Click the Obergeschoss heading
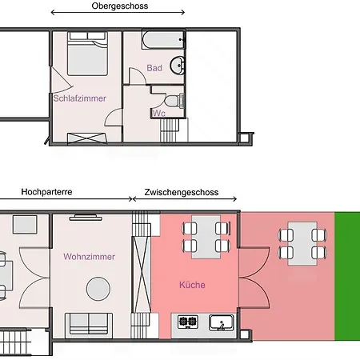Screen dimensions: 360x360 [120, 6]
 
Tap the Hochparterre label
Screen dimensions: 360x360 [46, 192]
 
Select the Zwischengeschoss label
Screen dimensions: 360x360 [182, 192]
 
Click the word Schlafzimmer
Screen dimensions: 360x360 [79, 98]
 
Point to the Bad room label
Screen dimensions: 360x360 [154, 68]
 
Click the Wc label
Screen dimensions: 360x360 [159, 114]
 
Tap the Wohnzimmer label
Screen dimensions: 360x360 [90, 257]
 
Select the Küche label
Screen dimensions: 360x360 [192, 285]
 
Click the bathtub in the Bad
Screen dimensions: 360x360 [163, 40]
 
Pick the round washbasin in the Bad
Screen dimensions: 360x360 [178, 66]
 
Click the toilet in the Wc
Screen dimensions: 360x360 [174, 101]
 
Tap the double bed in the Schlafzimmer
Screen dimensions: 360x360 [87, 54]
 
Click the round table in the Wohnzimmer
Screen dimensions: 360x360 [98, 289]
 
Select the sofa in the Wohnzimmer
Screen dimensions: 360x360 [89, 323]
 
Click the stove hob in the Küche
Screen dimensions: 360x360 [188, 321]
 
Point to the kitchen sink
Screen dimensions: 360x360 [222, 322]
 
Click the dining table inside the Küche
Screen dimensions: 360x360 [206, 237]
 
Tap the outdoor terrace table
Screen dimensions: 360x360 [302, 244]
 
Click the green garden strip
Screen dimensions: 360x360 [347, 276]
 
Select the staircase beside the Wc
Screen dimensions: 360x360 [170, 130]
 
